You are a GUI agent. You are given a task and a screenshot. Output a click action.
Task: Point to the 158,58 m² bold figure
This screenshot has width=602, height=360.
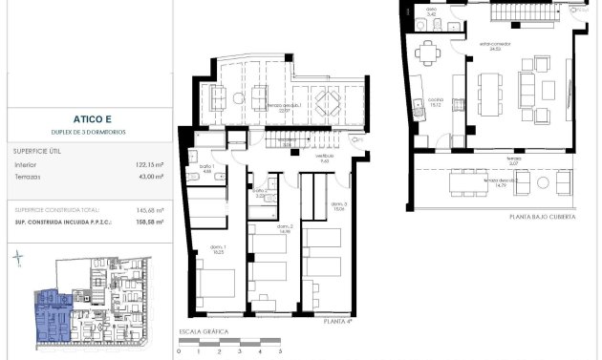pos(147,222)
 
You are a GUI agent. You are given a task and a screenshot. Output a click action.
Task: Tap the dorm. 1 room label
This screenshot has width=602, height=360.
pos(219,250)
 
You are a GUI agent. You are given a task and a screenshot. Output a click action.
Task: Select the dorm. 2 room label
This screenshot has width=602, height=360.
pos(283,228)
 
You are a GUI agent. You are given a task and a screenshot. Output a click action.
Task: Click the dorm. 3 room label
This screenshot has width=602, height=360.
pos(338,205)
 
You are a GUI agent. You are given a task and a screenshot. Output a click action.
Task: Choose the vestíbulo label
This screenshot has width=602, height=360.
pos(325,158)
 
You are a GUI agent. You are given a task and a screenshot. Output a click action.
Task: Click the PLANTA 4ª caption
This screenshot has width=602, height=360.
pos(337,323)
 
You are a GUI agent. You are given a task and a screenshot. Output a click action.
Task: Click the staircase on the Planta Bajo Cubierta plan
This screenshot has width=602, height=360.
pos(527,11)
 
